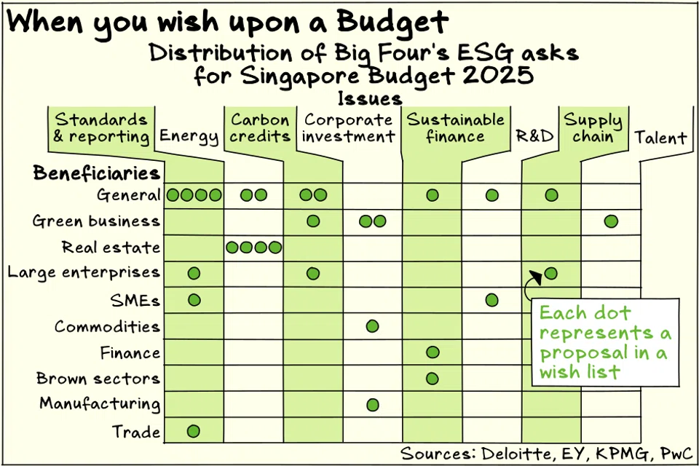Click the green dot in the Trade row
[193, 431]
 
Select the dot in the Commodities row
[372, 326]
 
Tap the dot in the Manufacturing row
[372, 405]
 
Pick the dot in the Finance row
[433, 352]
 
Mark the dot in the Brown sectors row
[432, 379]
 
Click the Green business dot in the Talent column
[611, 221]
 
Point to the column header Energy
[189, 136]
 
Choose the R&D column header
[534, 136]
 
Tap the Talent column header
[660, 137]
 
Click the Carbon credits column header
[260, 127]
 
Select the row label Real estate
[111, 248]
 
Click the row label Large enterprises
[84, 273]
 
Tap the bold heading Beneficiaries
[96, 173]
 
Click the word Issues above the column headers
[370, 98]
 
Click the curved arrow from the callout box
[529, 286]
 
